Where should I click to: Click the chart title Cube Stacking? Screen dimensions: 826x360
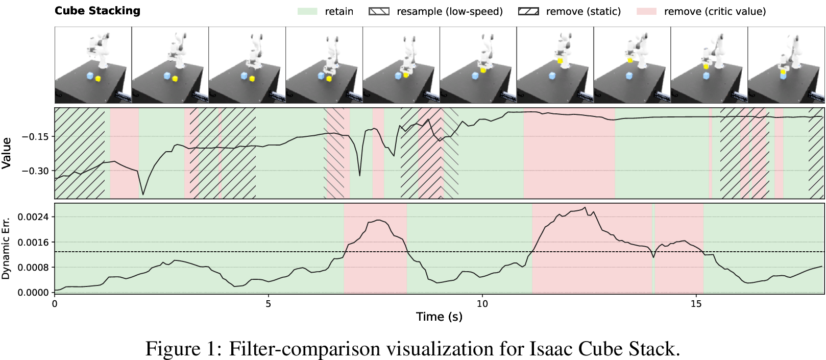point(98,11)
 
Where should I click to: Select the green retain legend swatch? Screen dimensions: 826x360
point(307,11)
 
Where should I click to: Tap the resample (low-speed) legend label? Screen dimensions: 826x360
point(450,11)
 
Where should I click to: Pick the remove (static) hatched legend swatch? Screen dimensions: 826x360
point(528,11)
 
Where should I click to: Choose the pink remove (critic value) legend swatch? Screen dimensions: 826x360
point(646,11)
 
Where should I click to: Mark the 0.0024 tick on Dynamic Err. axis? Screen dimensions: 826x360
point(33,217)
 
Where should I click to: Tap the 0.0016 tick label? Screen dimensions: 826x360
point(33,243)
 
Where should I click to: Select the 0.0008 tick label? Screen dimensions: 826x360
point(33,268)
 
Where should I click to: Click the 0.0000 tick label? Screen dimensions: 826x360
point(33,293)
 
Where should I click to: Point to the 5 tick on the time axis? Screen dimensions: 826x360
point(268,303)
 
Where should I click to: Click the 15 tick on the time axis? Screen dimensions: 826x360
point(696,303)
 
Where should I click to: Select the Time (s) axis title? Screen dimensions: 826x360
point(439,317)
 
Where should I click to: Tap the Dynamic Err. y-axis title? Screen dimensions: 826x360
point(6,249)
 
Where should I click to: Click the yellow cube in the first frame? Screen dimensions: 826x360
point(98,79)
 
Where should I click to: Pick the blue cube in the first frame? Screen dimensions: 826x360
point(90,76)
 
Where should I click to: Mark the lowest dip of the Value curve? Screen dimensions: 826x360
point(143,195)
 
